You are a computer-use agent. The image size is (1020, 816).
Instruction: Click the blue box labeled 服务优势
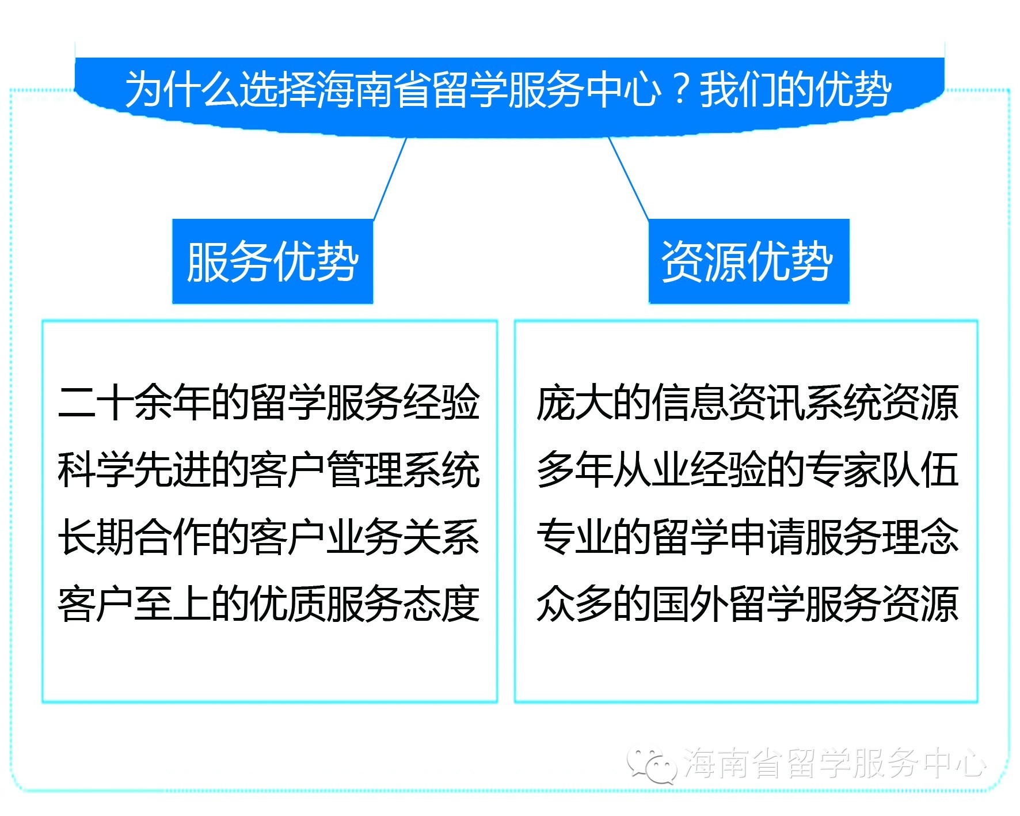[x=272, y=261]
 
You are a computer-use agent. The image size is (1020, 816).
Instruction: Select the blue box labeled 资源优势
[x=748, y=261]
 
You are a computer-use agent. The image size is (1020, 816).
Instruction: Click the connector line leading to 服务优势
[x=390, y=179]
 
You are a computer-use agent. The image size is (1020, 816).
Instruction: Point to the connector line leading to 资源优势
[x=629, y=179]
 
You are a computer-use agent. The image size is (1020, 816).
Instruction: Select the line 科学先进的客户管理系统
[x=269, y=470]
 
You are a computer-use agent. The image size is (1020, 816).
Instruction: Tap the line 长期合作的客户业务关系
[x=269, y=537]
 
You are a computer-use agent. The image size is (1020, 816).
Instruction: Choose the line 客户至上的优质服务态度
[x=269, y=604]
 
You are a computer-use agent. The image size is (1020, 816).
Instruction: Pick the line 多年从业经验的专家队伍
[x=747, y=470]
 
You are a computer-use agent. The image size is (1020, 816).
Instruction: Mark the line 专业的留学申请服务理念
[x=747, y=537]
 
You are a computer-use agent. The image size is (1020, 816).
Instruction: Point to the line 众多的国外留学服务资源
[x=747, y=604]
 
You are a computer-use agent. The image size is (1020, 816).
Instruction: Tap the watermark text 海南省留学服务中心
[x=835, y=764]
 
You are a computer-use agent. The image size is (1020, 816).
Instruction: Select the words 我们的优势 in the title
[x=796, y=90]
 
